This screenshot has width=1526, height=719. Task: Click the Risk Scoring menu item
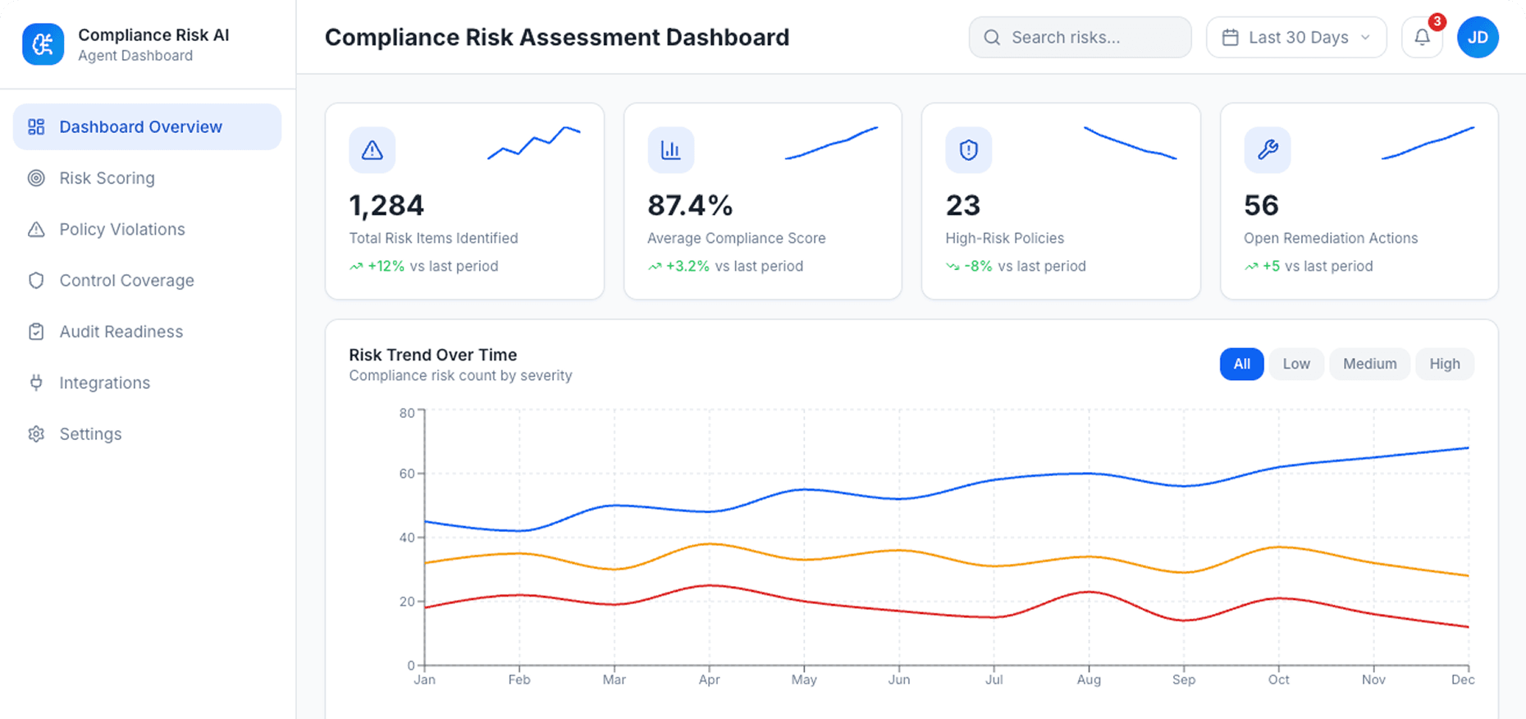click(107, 178)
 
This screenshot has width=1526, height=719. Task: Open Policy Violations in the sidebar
click(121, 229)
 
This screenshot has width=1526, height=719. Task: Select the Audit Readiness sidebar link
click(121, 332)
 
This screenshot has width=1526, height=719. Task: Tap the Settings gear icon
click(36, 434)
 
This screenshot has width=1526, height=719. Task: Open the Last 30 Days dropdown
click(1296, 38)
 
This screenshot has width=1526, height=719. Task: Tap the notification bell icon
click(1422, 38)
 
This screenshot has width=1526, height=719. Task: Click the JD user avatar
click(1478, 38)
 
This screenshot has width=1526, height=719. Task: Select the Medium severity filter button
click(1369, 364)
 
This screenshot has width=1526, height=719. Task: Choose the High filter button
click(1444, 364)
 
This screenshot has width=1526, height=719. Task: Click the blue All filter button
click(1241, 364)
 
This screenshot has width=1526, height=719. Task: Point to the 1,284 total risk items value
click(386, 205)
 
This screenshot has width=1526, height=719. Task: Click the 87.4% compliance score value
click(689, 205)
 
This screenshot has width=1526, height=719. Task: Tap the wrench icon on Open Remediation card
click(1268, 149)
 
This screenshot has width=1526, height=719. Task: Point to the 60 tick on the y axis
click(408, 474)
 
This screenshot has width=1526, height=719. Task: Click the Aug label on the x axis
click(1089, 680)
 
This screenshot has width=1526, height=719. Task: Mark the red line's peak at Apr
click(710, 585)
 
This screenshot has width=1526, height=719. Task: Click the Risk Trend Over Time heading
click(433, 355)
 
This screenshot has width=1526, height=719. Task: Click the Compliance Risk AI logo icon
click(43, 44)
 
